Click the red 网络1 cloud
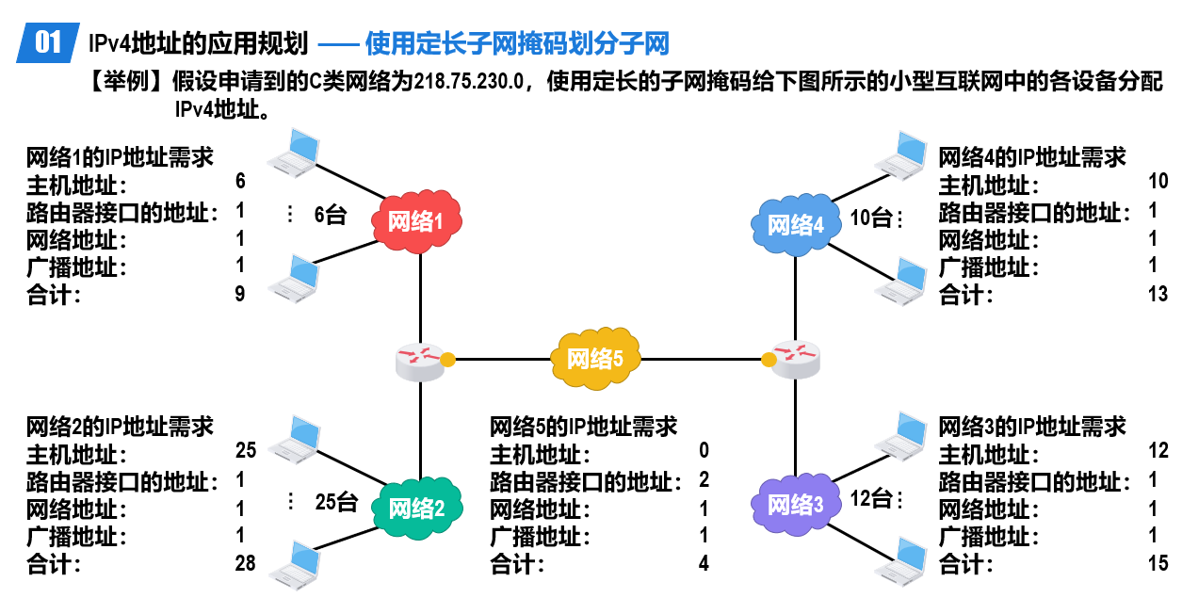(416, 221)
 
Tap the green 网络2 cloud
(417, 508)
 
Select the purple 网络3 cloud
(795, 505)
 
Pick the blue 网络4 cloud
(795, 225)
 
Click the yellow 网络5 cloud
(595, 359)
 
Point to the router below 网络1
(420, 362)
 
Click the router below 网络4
(796, 360)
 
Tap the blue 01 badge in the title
(48, 42)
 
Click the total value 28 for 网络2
(246, 563)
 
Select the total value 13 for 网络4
(1158, 294)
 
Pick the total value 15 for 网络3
(1158, 563)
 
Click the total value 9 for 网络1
(239, 294)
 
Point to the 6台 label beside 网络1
(331, 215)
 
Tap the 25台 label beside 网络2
(336, 502)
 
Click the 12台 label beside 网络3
(871, 498)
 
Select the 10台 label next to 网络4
(871, 218)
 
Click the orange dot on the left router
(447, 360)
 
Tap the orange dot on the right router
(769, 360)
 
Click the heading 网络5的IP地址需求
(583, 427)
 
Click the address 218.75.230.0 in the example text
(469, 82)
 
